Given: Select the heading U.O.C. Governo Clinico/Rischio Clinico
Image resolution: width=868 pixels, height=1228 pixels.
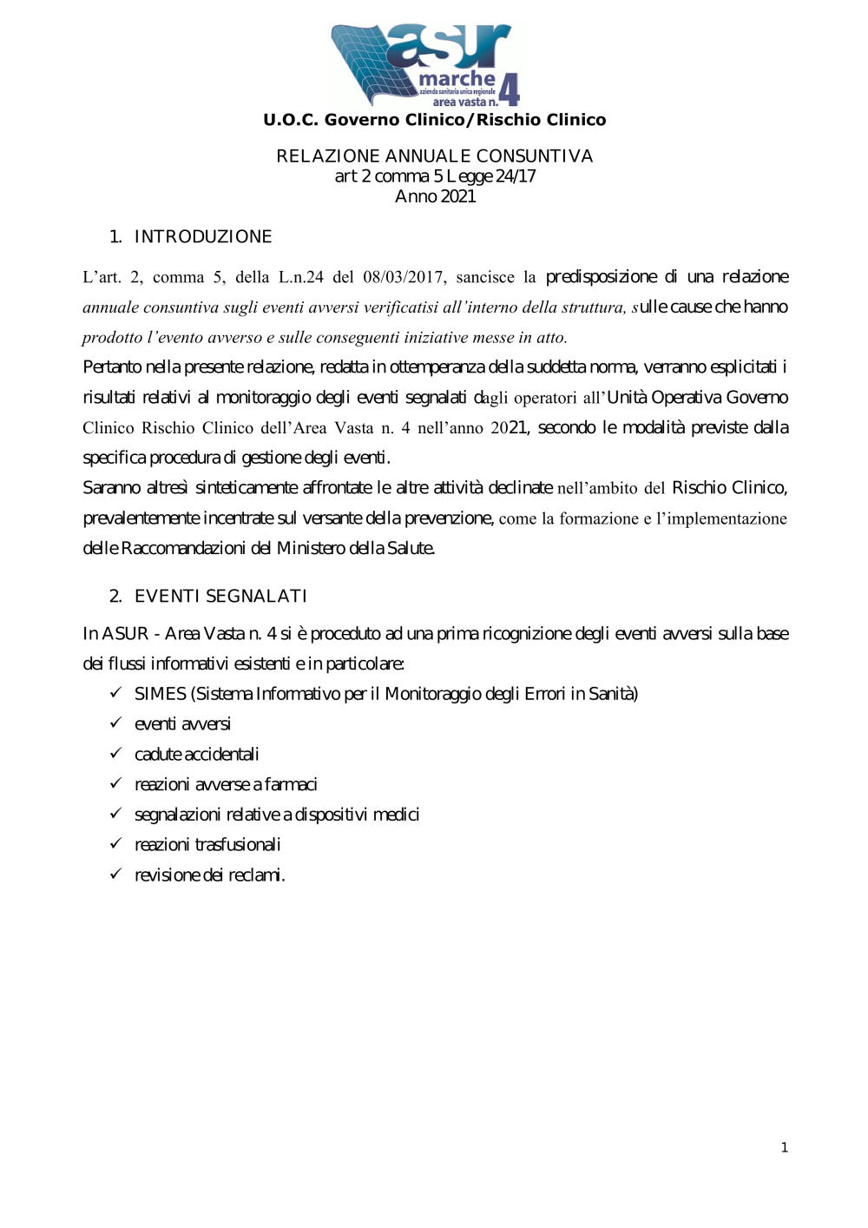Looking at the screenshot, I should click(x=435, y=120).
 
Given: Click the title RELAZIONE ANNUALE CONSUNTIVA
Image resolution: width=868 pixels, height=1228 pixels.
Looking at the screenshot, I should click(x=435, y=156).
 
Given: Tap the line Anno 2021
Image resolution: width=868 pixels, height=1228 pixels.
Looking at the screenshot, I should click(x=435, y=196).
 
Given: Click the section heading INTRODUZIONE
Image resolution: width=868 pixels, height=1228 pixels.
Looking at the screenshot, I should click(x=203, y=237).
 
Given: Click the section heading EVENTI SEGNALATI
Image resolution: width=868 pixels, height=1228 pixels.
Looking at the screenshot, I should click(x=220, y=596).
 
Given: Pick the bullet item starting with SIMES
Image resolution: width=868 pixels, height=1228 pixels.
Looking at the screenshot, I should click(x=386, y=694).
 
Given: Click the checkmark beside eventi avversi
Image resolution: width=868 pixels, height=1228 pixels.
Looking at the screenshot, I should click(x=115, y=723).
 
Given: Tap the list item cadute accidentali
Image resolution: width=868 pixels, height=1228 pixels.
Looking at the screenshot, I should click(x=197, y=754).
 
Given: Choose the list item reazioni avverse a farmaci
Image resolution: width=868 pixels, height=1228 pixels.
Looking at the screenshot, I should click(x=226, y=784).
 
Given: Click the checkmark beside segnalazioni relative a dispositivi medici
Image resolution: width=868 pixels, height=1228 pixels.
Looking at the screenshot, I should click(x=115, y=813).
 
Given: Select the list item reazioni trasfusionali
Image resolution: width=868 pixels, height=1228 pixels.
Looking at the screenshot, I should click(x=207, y=844).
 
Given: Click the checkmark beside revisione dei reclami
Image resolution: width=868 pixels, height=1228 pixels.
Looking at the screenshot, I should click(x=115, y=874).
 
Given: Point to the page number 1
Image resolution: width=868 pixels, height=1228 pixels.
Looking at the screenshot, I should click(x=785, y=1147).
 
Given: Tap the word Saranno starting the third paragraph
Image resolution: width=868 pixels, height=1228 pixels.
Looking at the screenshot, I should click(x=111, y=488).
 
